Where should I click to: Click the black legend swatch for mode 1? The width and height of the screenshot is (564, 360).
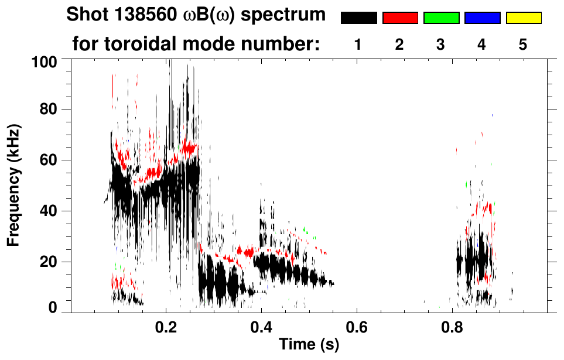[358, 18]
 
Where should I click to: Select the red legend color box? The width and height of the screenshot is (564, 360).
[400, 18]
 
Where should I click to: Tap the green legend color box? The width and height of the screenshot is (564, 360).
[441, 18]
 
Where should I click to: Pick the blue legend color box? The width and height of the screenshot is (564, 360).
[482, 18]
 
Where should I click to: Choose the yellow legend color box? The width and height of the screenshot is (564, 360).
[523, 18]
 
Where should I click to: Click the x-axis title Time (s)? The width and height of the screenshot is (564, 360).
[309, 345]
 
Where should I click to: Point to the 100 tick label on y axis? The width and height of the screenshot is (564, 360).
[44, 61]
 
